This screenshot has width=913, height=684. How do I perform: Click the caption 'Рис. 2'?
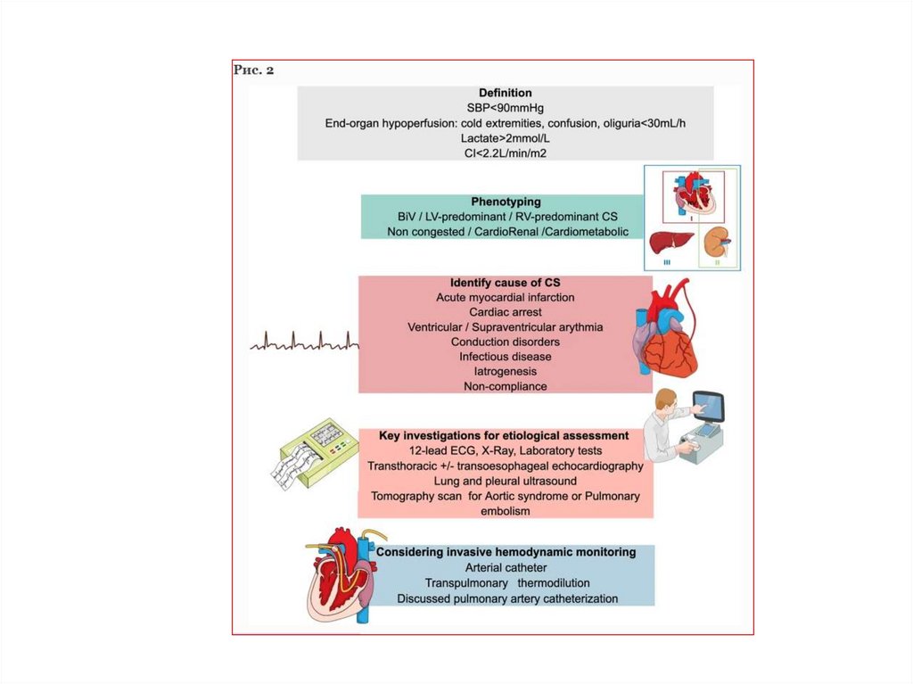click(x=253, y=70)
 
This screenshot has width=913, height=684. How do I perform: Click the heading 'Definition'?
click(x=505, y=93)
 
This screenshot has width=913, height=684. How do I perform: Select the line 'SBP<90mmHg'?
click(x=505, y=108)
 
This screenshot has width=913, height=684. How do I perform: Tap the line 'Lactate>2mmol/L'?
click(x=505, y=138)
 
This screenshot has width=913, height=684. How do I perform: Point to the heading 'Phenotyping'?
click(x=506, y=202)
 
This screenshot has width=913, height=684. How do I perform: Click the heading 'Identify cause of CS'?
click(x=505, y=283)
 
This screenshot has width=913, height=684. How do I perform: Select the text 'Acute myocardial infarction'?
click(x=505, y=297)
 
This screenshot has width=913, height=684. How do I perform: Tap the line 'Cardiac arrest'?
click(x=505, y=312)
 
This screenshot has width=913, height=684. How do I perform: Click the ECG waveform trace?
click(x=303, y=342)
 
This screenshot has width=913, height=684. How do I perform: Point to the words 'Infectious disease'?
click(x=505, y=357)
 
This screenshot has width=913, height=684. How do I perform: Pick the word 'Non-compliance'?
click(x=505, y=386)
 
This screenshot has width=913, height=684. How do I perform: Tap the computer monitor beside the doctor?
click(x=709, y=408)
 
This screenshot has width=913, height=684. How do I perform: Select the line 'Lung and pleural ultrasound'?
click(x=505, y=482)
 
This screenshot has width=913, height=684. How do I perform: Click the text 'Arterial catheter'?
click(x=506, y=568)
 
